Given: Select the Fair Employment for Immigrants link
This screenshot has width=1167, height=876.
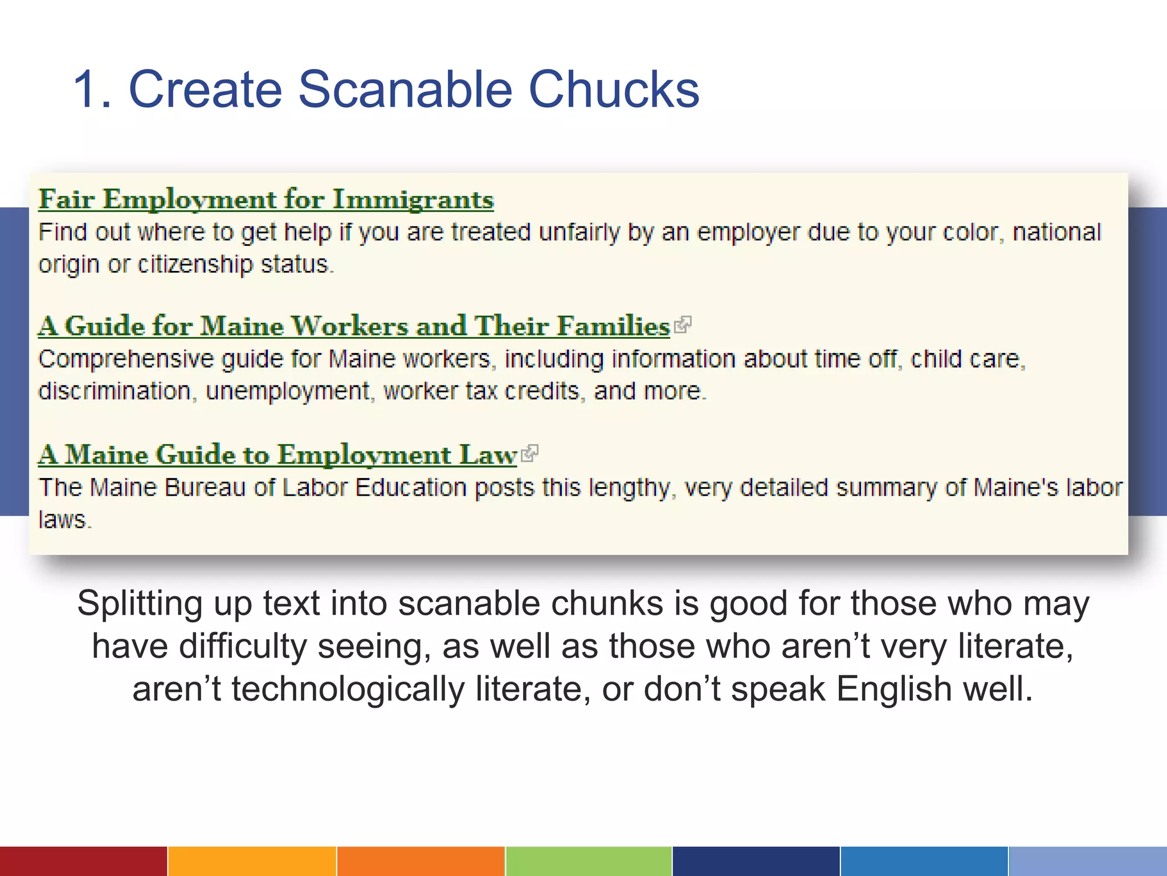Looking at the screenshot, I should point(266,200).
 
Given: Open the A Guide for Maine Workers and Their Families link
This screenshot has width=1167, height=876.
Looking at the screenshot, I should point(354,326).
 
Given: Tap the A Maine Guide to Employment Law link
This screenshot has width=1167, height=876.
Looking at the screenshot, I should point(278,455).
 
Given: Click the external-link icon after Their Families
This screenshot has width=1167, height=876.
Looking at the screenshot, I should point(683,325).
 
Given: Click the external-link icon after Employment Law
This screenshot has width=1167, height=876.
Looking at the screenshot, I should point(530,454).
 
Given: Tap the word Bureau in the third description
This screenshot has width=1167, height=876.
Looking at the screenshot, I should point(206,488).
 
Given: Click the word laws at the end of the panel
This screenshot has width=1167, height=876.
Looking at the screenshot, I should point(63,520).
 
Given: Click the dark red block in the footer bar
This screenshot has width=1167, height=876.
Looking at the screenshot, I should point(83,861).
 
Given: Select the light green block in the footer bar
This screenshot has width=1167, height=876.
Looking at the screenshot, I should point(589,861).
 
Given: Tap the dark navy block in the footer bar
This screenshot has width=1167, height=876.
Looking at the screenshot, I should point(756,861).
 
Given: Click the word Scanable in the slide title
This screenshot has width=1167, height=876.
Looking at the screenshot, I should point(405,90).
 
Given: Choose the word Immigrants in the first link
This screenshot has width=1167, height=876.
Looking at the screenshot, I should point(413,200).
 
